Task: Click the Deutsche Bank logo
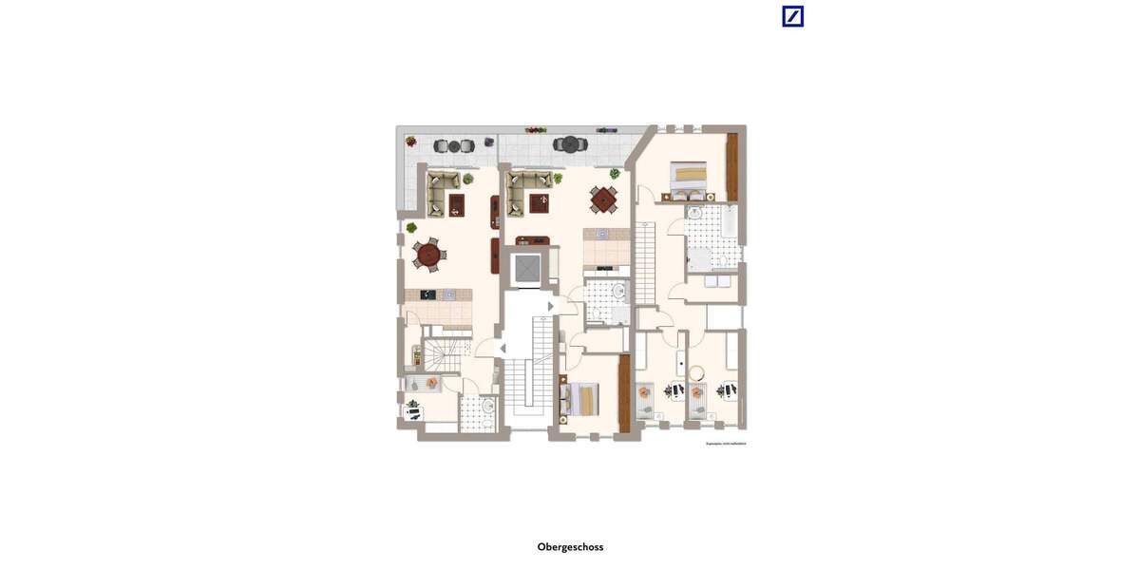click(792, 16)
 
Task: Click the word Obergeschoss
click(570, 547)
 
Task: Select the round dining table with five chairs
click(429, 254)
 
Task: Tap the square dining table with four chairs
click(603, 199)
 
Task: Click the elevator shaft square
click(526, 270)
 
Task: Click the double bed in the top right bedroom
click(689, 176)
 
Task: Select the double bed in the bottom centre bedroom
click(583, 398)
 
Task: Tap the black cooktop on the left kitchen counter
click(428, 294)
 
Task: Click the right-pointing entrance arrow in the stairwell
click(551, 306)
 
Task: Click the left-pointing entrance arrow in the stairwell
click(503, 349)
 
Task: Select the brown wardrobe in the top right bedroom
click(731, 166)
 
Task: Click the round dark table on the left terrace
click(454, 146)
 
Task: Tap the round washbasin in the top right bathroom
click(694, 214)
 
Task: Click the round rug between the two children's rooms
click(696, 372)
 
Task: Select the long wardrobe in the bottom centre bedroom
click(624, 392)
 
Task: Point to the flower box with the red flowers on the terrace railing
click(536, 129)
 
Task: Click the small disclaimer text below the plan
click(725, 444)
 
